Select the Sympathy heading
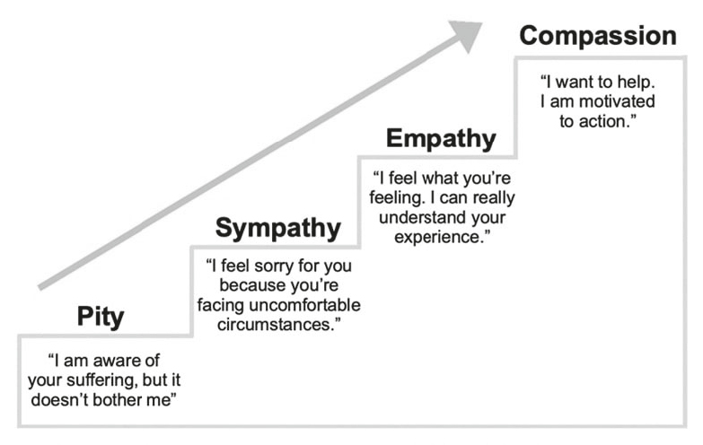pyautogui.click(x=277, y=230)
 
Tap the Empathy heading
pyautogui.click(x=441, y=139)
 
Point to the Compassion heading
pyautogui.click(x=597, y=37)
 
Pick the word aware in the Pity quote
pyautogui.click(x=107, y=361)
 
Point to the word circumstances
pyautogui.click(x=276, y=323)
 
